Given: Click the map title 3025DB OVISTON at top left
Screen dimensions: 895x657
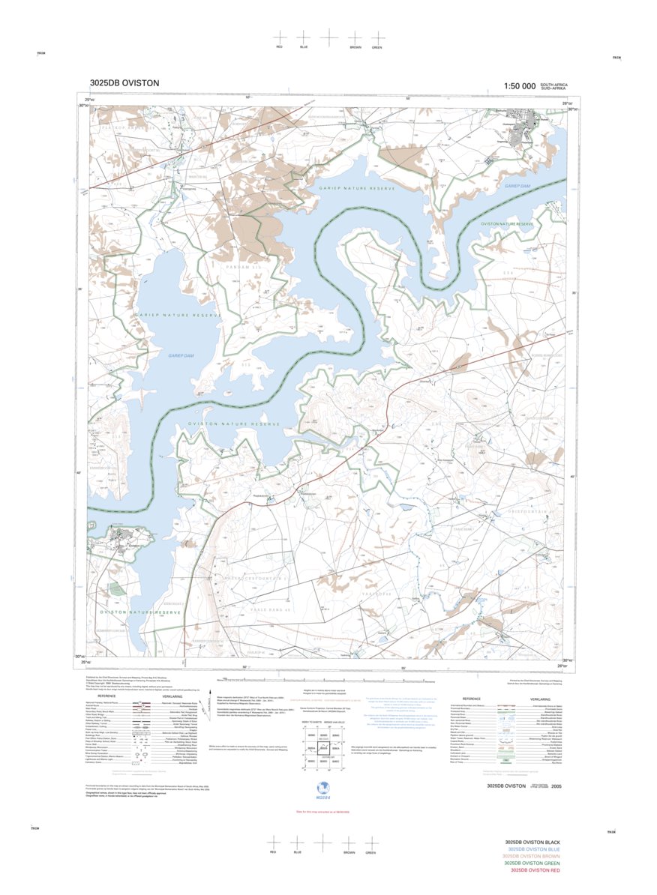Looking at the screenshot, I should point(124,83).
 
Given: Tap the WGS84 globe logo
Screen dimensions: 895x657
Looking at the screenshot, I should point(323,788).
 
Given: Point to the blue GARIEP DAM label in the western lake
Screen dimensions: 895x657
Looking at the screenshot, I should point(181,356).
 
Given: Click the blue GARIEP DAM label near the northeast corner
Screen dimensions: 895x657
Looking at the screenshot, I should point(517,186).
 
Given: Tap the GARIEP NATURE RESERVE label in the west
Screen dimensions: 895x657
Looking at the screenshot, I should point(178,316).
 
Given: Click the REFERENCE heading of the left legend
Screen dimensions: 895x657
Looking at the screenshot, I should point(122,696).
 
